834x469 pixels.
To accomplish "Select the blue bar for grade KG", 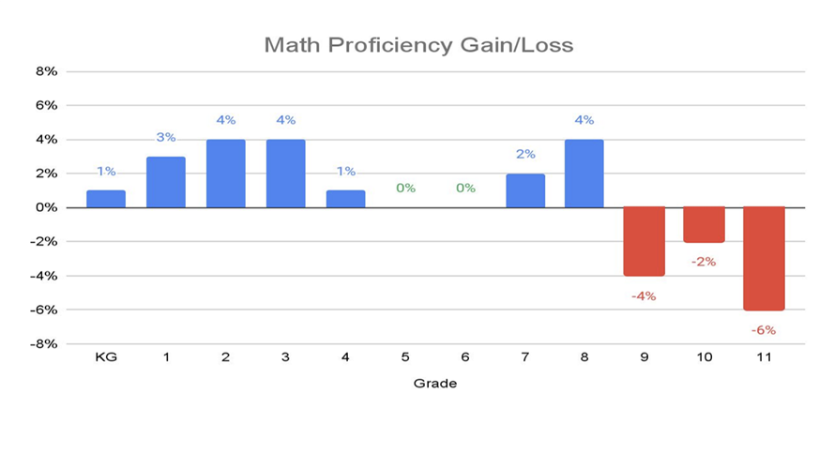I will tap(106, 199).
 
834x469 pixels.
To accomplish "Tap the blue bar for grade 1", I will tap(166, 182).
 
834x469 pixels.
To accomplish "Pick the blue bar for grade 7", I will tap(525, 190).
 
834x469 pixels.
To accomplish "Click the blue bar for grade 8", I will tap(584, 174).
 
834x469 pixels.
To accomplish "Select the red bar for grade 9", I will tap(644, 241).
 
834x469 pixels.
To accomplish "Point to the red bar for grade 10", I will tap(704, 225).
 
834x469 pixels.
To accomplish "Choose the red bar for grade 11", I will tap(764, 258).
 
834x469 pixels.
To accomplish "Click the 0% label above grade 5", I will tap(405, 188).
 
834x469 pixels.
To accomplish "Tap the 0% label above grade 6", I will tap(465, 188).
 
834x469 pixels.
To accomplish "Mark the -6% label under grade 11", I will tap(764, 330).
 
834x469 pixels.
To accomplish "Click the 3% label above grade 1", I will tap(166, 137).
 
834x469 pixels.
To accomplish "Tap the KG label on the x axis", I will tap(106, 358).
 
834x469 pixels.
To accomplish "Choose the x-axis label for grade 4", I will tap(345, 358).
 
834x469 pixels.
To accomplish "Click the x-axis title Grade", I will tap(435, 384).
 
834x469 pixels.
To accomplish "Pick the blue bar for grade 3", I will tap(285, 174).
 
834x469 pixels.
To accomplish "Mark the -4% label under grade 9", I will tap(644, 296).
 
